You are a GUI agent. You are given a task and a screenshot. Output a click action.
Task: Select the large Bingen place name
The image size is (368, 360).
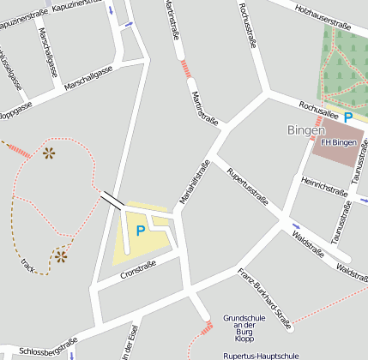(305, 129)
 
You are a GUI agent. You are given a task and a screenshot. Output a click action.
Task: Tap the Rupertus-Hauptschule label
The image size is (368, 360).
(260, 354)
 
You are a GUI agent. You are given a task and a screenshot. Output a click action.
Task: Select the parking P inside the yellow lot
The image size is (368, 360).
(140, 231)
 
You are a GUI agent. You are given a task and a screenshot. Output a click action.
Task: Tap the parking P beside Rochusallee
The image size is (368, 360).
(347, 117)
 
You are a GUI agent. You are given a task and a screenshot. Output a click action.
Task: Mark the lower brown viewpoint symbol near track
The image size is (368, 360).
(61, 255)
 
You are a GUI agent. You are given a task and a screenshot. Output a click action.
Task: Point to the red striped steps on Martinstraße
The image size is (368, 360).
(186, 69)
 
